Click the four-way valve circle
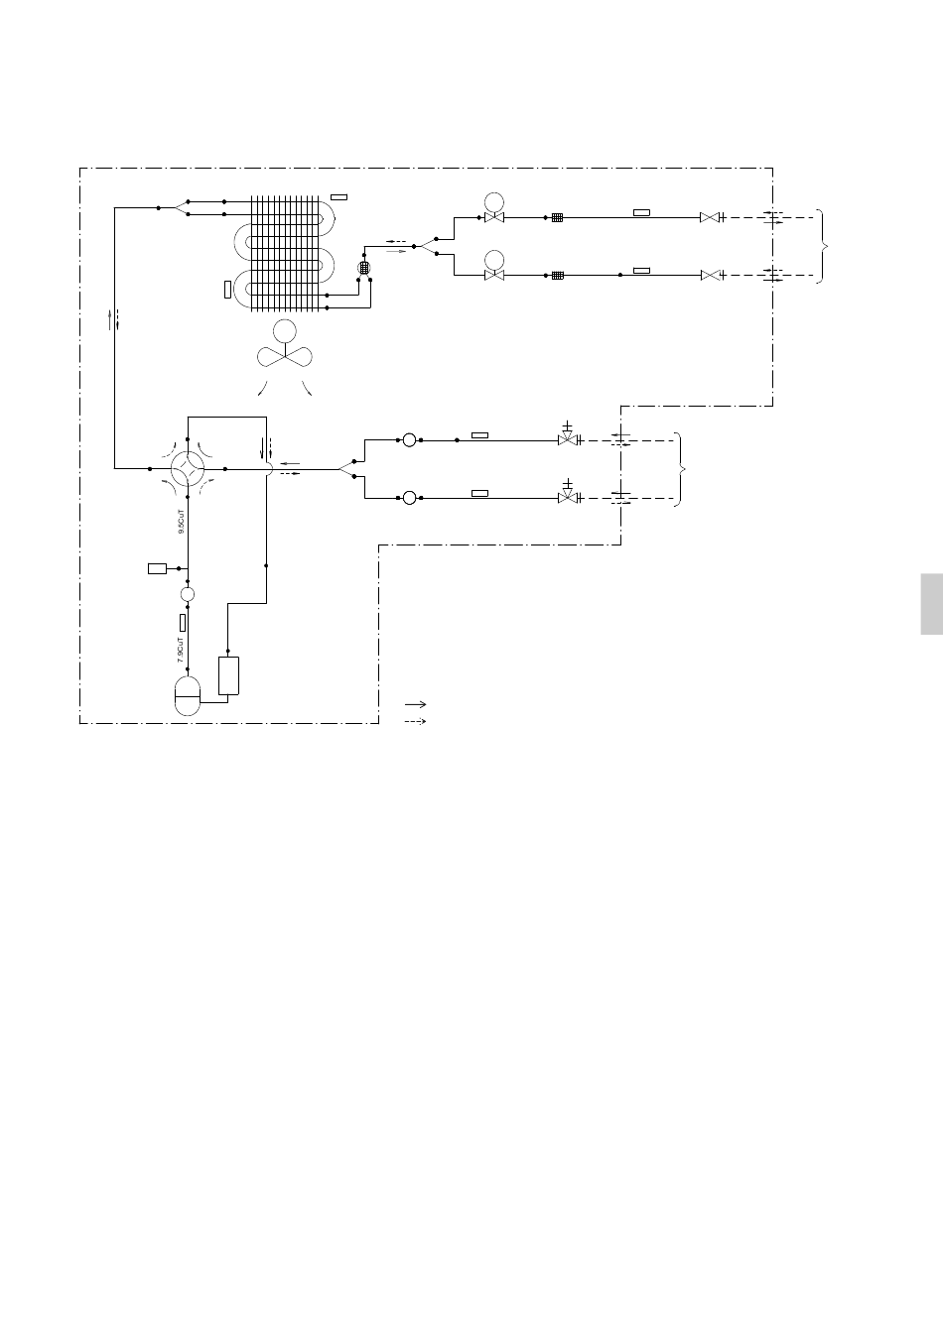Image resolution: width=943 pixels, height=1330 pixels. pyautogui.click(x=187, y=467)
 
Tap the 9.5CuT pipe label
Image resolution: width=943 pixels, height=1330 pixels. pyautogui.click(x=181, y=524)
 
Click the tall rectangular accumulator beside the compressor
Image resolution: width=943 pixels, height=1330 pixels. pyautogui.click(x=228, y=675)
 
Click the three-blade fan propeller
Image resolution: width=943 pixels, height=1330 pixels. pyautogui.click(x=285, y=355)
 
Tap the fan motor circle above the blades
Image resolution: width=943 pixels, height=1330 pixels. pyautogui.click(x=285, y=330)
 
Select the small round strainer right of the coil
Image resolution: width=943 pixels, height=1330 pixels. pyautogui.click(x=363, y=268)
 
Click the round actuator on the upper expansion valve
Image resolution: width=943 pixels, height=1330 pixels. pyautogui.click(x=493, y=201)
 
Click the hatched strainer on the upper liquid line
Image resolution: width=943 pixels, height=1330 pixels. pyautogui.click(x=558, y=217)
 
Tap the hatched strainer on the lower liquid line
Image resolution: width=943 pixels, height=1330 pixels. pyautogui.click(x=558, y=275)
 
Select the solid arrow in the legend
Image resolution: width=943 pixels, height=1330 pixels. pyautogui.click(x=415, y=703)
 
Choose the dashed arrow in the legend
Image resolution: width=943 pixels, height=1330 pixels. pyautogui.click(x=415, y=721)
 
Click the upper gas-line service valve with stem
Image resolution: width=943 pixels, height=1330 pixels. pyautogui.click(x=567, y=437)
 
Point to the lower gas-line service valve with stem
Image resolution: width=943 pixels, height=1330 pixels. pyautogui.click(x=567, y=495)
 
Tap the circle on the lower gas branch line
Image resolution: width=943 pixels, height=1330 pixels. pyautogui.click(x=409, y=497)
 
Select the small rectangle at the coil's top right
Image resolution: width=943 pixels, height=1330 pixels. pyautogui.click(x=339, y=196)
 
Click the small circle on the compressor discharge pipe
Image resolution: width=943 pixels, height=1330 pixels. pyautogui.click(x=187, y=593)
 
